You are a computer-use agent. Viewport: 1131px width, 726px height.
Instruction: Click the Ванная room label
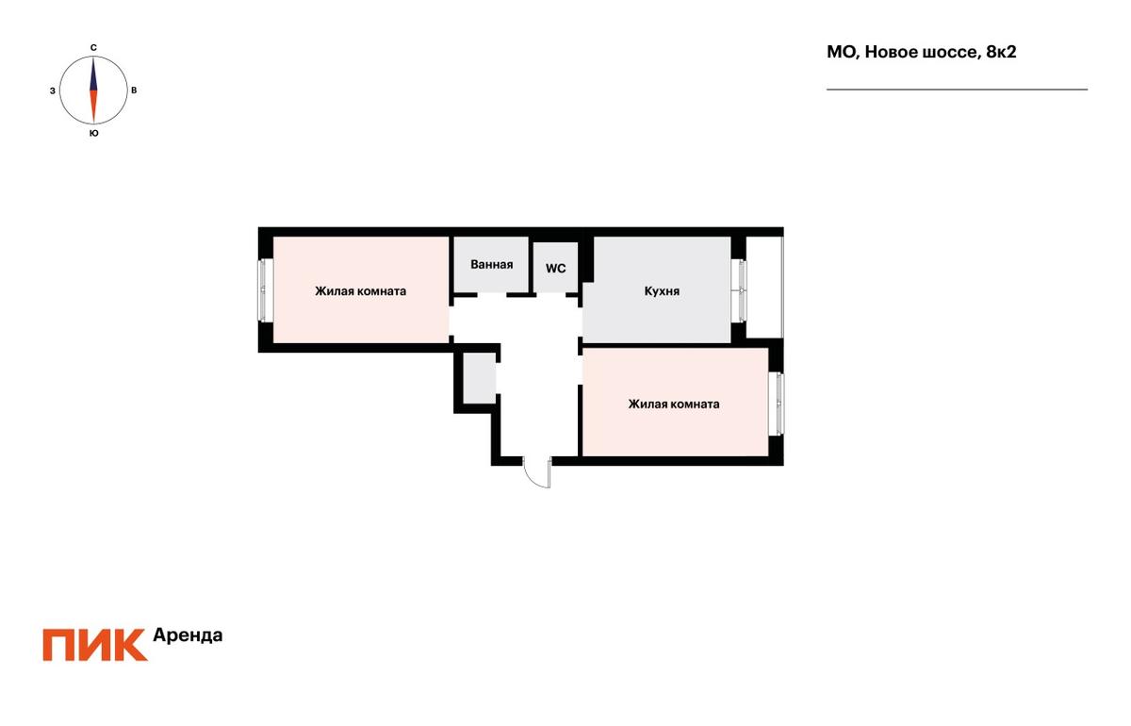coord(491,264)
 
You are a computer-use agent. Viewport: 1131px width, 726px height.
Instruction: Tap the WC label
coord(555,269)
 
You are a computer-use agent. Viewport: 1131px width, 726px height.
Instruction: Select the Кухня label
coord(662,291)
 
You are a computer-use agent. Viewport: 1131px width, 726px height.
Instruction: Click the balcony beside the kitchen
coord(764,287)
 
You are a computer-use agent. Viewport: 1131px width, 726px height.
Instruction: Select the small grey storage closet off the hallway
coord(479,378)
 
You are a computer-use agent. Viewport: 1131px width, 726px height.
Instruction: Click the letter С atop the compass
coord(93,47)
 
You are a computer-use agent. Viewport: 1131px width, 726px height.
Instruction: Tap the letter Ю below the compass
coord(93,133)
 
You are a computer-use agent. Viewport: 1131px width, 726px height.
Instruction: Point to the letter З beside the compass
coord(53,91)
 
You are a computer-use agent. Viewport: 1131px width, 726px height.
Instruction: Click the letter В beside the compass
coord(134,91)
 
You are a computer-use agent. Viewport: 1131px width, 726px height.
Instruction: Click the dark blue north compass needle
coord(93,74)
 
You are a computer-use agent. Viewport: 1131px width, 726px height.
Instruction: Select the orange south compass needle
coord(93,107)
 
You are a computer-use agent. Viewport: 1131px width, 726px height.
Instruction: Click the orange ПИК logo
coord(95,645)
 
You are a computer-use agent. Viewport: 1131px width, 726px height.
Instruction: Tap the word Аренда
coord(188,635)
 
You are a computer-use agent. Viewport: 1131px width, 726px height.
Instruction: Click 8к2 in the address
coord(1001,52)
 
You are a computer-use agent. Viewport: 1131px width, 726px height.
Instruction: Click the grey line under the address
coord(957,90)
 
